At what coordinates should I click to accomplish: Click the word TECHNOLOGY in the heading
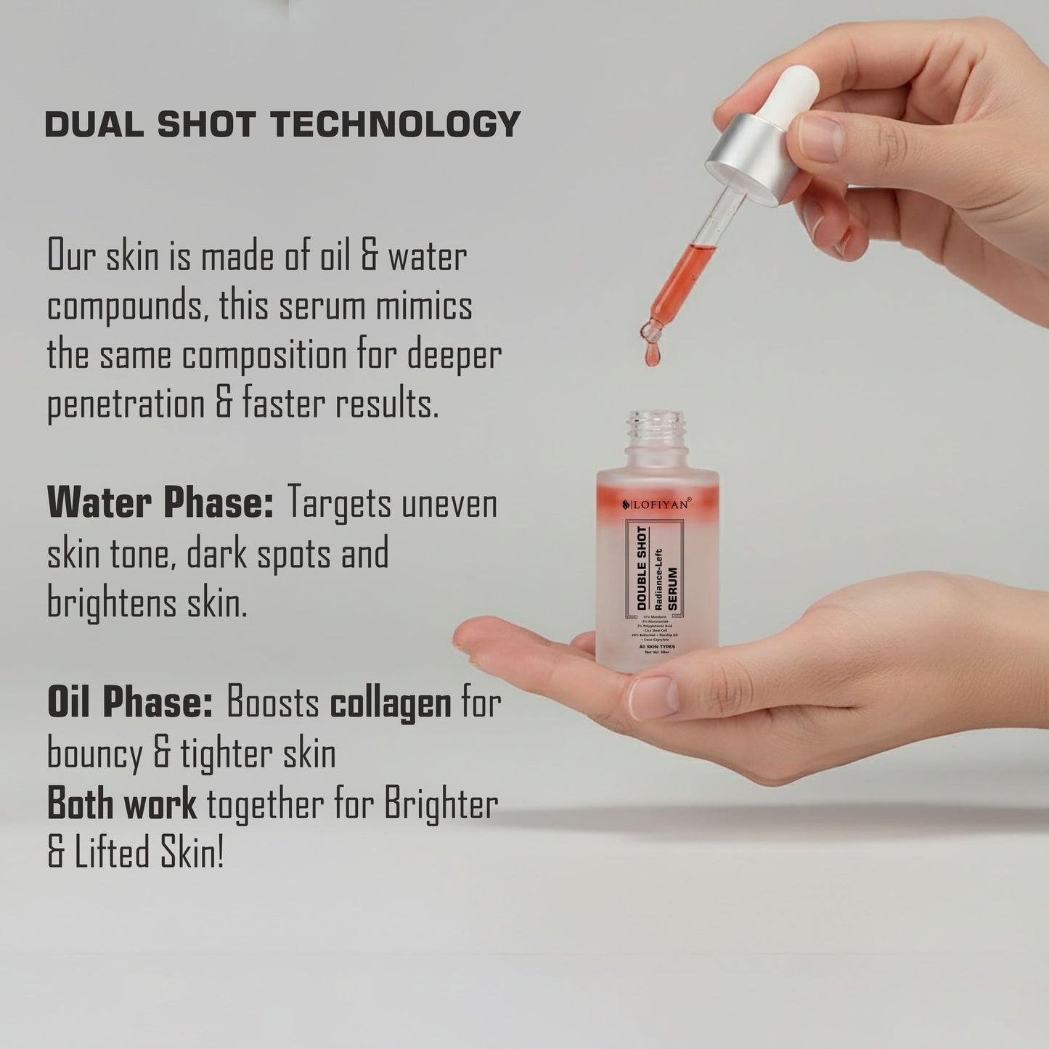(396, 124)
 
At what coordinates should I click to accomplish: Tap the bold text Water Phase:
(160, 502)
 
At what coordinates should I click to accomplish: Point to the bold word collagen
(391, 703)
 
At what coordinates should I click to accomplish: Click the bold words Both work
(121, 804)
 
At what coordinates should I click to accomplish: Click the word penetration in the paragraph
(126, 405)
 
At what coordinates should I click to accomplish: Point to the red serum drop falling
(651, 356)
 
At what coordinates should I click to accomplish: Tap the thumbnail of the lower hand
(653, 697)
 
